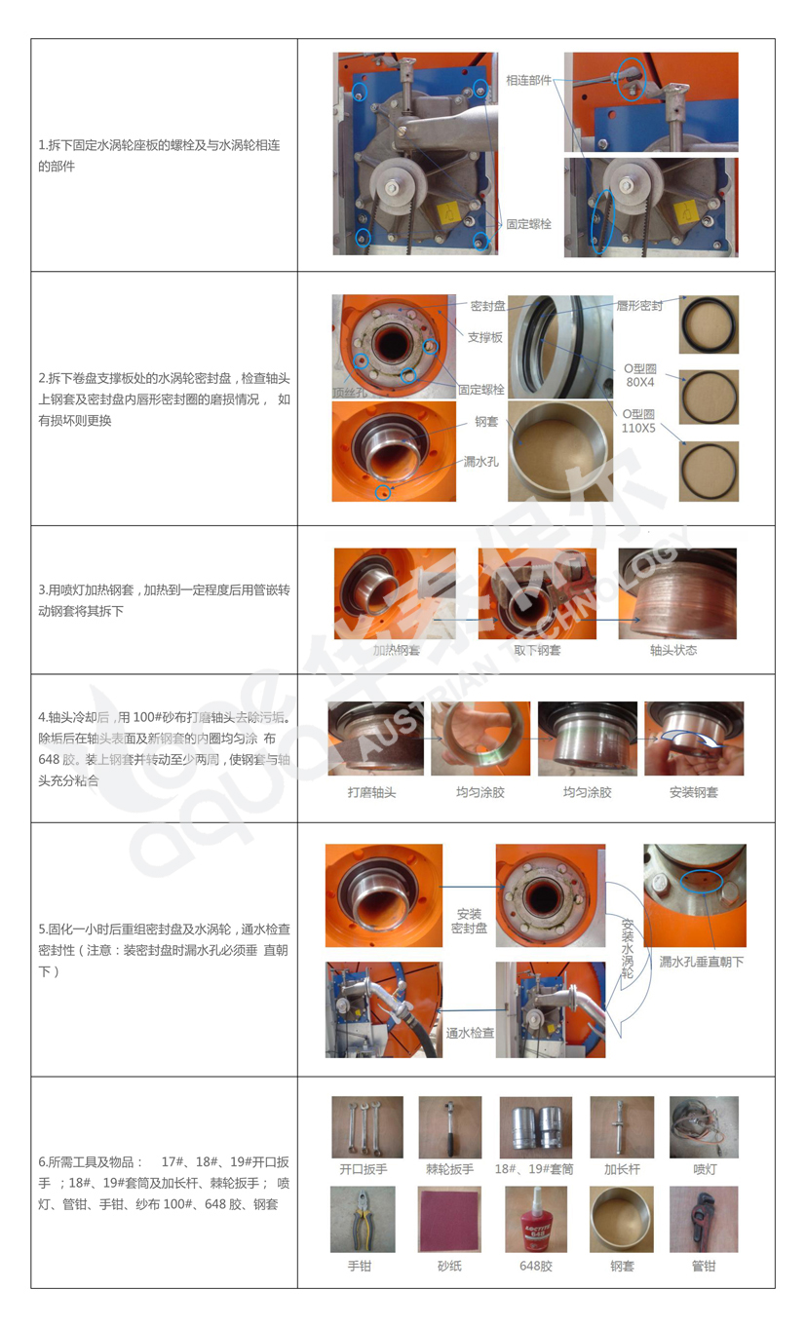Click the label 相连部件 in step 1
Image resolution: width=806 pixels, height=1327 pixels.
(528, 80)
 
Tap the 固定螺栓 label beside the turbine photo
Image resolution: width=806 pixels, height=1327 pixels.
(528, 224)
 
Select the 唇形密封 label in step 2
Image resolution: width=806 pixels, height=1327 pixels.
(639, 306)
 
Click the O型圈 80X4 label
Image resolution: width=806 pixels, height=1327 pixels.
(640, 375)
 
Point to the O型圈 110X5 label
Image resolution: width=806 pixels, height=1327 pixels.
(638, 421)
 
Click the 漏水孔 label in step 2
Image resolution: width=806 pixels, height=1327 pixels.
(480, 462)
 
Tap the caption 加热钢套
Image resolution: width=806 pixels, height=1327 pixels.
(396, 650)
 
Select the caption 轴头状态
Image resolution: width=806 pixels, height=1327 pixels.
(673, 650)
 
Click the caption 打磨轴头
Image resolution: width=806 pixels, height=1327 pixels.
(371, 792)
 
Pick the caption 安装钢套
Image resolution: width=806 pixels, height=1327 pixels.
(693, 792)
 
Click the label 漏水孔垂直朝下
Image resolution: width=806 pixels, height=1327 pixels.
(701, 962)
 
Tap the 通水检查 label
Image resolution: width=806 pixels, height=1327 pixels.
(470, 1033)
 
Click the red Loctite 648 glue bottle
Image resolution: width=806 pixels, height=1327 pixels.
(536, 1220)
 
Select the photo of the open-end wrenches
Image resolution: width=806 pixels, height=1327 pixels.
(367, 1127)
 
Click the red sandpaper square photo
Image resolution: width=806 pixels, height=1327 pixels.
(450, 1219)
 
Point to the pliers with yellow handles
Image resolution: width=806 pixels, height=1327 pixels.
(363, 1220)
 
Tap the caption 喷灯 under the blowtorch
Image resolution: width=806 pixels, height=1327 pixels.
(705, 1169)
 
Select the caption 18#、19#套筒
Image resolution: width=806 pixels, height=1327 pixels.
(534, 1169)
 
